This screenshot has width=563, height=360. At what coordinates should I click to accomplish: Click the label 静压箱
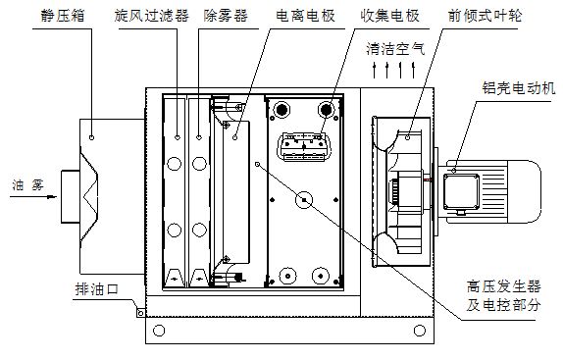pos(63,16)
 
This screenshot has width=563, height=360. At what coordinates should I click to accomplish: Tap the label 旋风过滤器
pos(152,16)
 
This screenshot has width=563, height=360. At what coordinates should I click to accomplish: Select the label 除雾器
pos(226,16)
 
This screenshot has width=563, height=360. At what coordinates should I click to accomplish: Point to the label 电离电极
pos(306,16)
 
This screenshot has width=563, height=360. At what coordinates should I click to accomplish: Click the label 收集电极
pos(390,16)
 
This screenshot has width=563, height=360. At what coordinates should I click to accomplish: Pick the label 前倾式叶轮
pos(485,16)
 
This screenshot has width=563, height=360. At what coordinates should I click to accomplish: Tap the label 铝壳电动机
pos(519,88)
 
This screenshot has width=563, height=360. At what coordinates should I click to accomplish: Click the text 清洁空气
pos(395,49)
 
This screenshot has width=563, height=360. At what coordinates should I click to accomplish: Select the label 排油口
pos(96,289)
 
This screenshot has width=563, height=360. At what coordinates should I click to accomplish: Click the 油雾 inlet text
pos(28,185)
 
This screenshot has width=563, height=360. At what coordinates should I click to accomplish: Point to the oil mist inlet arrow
pos(33,197)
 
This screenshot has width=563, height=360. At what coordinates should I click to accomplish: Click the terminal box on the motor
pos(461,192)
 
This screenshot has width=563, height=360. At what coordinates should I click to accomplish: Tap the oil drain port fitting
pos(141,313)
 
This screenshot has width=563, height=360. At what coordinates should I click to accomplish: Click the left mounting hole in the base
pos(159,331)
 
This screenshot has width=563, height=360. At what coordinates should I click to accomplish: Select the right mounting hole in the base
pos(420,331)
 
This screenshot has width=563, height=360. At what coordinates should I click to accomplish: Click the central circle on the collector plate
pos(304,200)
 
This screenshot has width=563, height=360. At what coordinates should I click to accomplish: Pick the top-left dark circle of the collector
pos(281,110)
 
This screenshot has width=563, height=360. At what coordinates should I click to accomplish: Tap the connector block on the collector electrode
pos(304,146)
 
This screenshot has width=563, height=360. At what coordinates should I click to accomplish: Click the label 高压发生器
pos(504,287)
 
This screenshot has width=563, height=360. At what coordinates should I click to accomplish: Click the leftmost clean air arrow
pos(374,71)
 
